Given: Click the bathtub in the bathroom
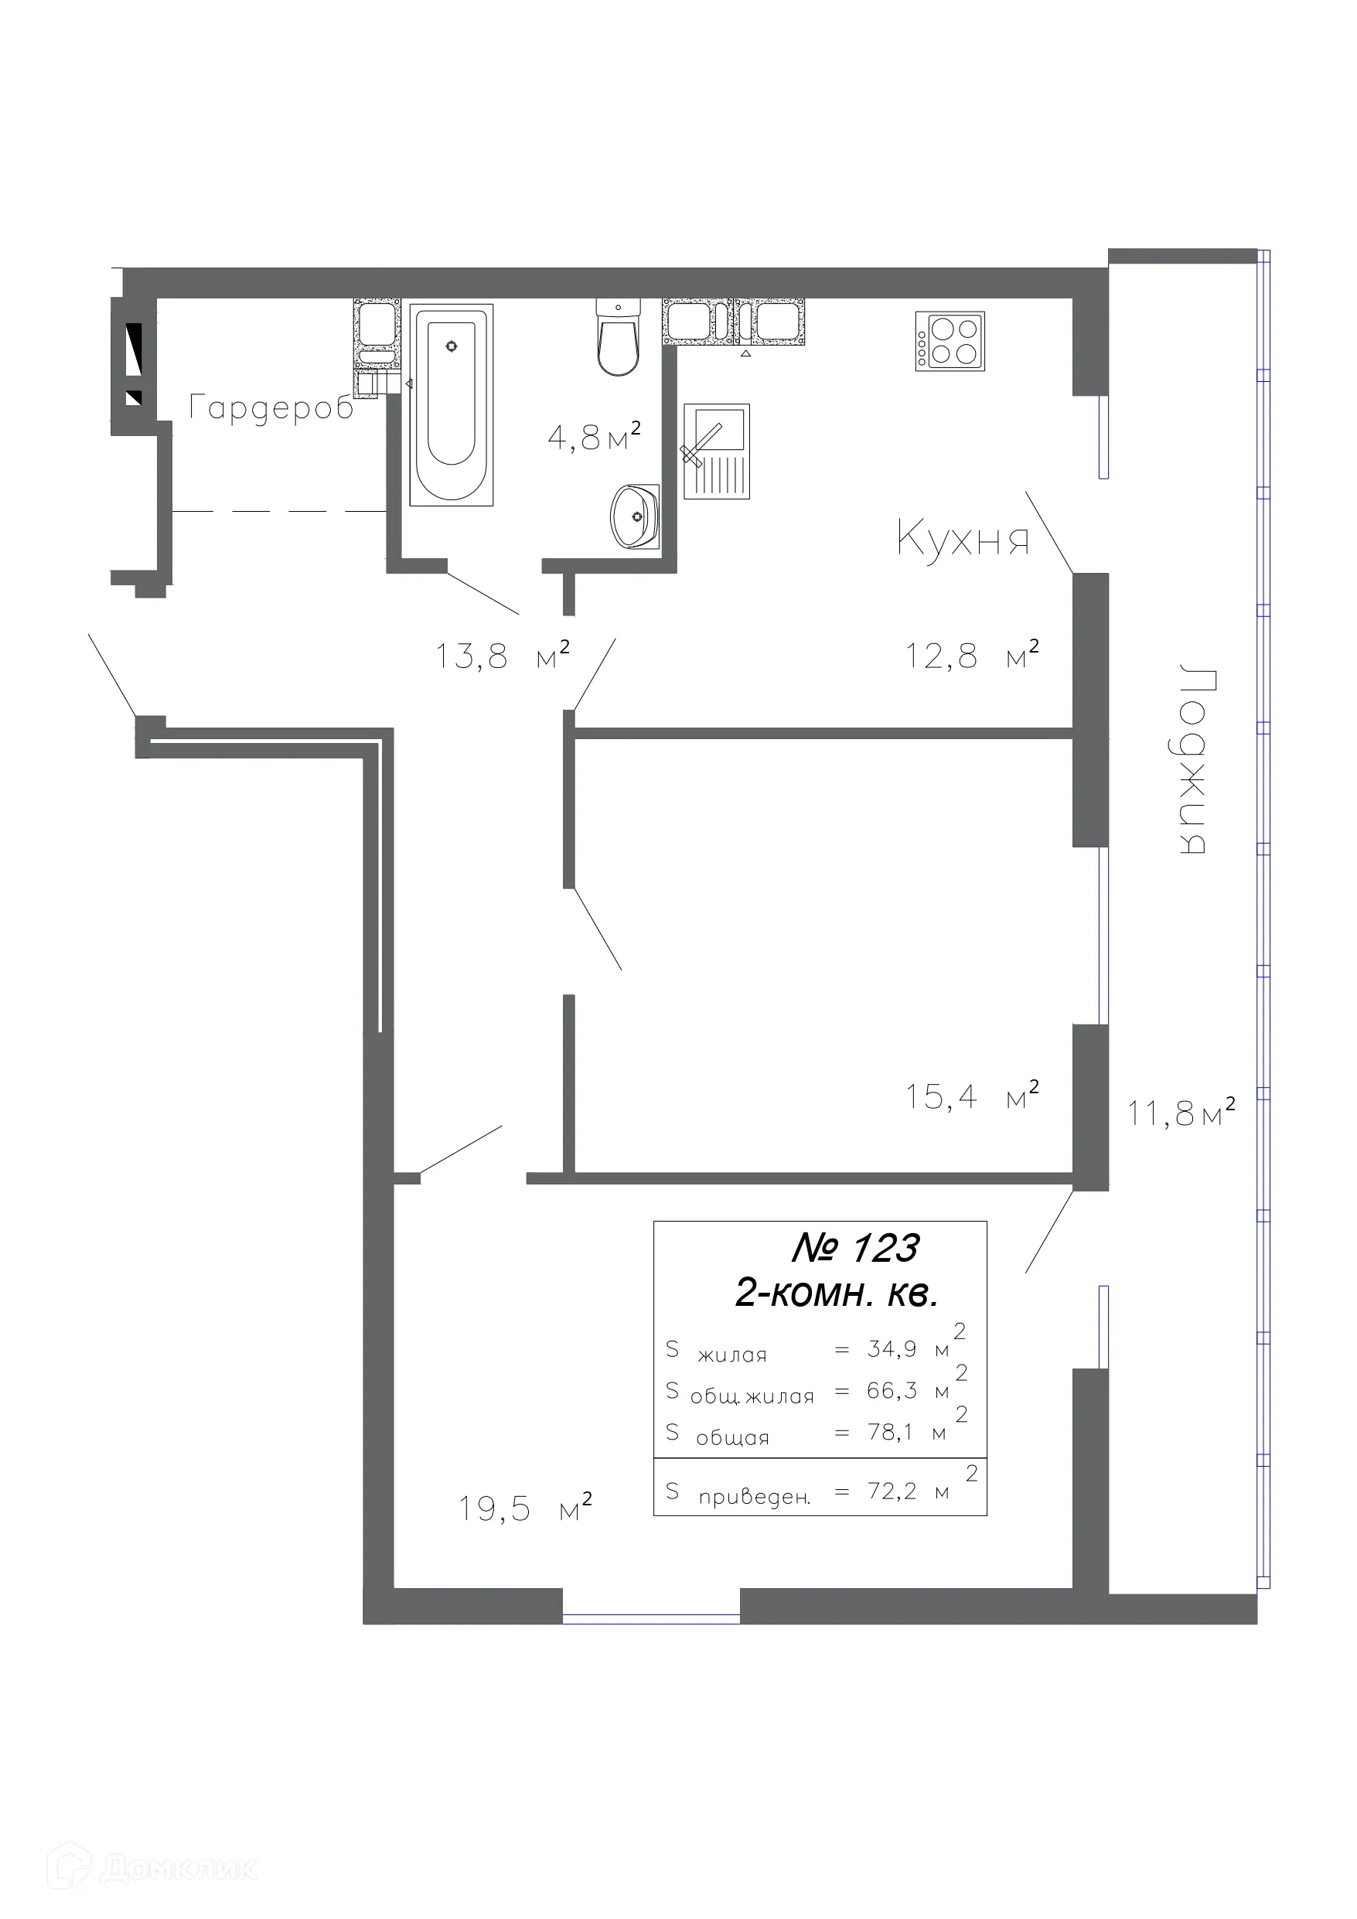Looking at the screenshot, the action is tap(451, 404).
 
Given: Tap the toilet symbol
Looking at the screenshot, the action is tap(618, 337).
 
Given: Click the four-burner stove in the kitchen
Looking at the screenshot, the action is tap(950, 341).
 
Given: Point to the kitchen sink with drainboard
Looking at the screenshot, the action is tap(717, 452).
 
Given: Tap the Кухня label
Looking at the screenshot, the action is tap(963, 537).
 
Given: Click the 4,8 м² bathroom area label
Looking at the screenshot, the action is tap(595, 435).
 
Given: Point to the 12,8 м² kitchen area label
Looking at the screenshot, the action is tap(973, 654).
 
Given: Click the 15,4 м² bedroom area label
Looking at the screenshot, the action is tap(973, 1096).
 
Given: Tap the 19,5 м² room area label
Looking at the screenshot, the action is tap(525, 1508).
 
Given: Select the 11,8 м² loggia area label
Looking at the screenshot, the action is tap(1181, 1113).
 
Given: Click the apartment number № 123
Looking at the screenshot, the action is tap(854, 1248).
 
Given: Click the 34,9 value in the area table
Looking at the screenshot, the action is tap(892, 1348).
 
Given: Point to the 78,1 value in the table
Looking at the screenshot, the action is tap(891, 1432).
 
